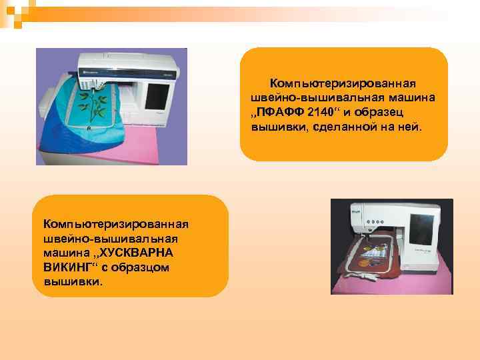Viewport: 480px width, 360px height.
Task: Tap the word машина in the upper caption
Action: tap(411, 97)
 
